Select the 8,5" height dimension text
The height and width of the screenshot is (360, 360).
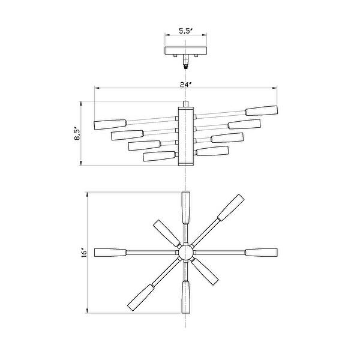click(76, 133)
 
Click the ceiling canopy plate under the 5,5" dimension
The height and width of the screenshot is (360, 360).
click(185, 50)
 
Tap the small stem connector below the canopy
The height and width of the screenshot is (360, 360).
click(185, 61)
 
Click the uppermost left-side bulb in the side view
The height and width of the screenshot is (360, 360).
click(110, 124)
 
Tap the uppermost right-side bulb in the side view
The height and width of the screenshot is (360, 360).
click(262, 110)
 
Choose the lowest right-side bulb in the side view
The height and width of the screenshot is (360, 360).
click(212, 151)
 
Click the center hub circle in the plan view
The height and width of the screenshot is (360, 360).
click(185, 252)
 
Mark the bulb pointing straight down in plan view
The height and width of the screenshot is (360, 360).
click(185, 296)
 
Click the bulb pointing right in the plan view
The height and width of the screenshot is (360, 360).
click(261, 252)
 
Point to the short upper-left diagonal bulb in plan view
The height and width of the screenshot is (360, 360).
click(164, 230)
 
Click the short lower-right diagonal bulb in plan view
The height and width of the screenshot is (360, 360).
click(207, 274)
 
